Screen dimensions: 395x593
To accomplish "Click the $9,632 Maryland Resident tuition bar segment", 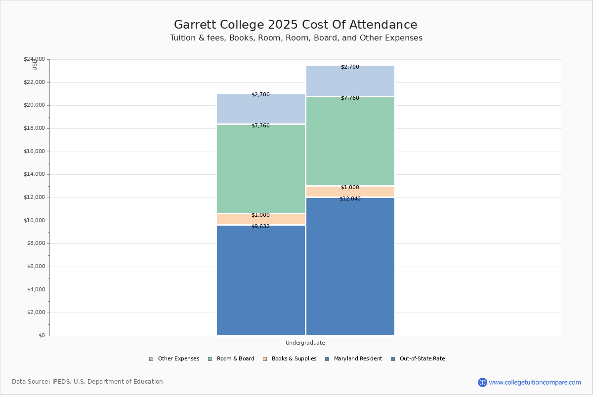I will (x=261, y=280).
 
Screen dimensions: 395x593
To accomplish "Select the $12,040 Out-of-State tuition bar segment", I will (x=350, y=267).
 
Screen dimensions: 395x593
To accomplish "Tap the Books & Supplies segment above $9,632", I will (x=261, y=219).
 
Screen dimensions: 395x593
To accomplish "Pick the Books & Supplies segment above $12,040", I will (x=350, y=192).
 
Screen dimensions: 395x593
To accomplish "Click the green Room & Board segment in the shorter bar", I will (x=261, y=169).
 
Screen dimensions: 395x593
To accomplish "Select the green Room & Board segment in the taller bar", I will (x=350, y=141).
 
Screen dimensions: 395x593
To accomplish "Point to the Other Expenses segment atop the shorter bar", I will (x=261, y=109).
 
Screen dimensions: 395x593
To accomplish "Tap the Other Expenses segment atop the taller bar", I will (x=350, y=81).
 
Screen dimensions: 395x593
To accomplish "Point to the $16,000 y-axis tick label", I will (x=34, y=152).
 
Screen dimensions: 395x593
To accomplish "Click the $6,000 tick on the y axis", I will (x=36, y=267).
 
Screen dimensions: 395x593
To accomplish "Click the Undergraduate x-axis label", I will (x=305, y=343).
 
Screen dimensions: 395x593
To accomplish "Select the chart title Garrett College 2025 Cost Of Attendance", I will (x=296, y=25).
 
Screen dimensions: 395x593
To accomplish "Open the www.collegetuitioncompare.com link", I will (x=535, y=382).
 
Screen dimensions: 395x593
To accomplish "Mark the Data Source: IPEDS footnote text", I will (x=87, y=382).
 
